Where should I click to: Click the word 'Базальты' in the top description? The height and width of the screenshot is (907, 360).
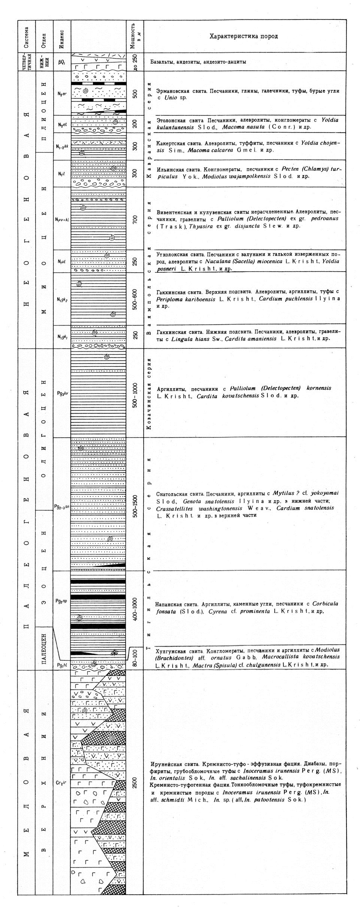tap(162, 62)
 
